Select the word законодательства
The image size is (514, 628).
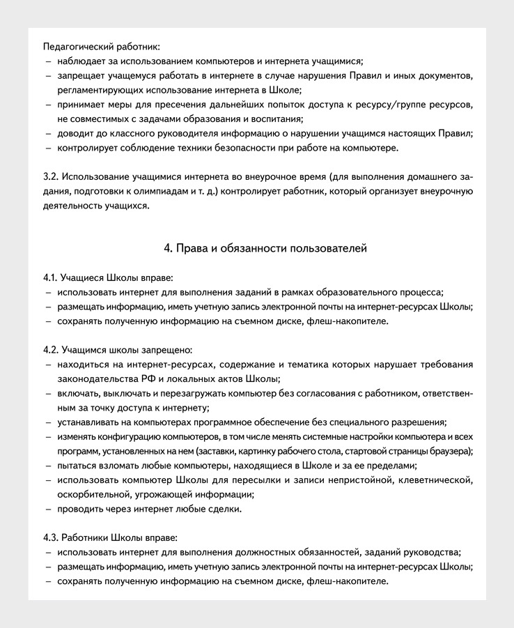[95, 378]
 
